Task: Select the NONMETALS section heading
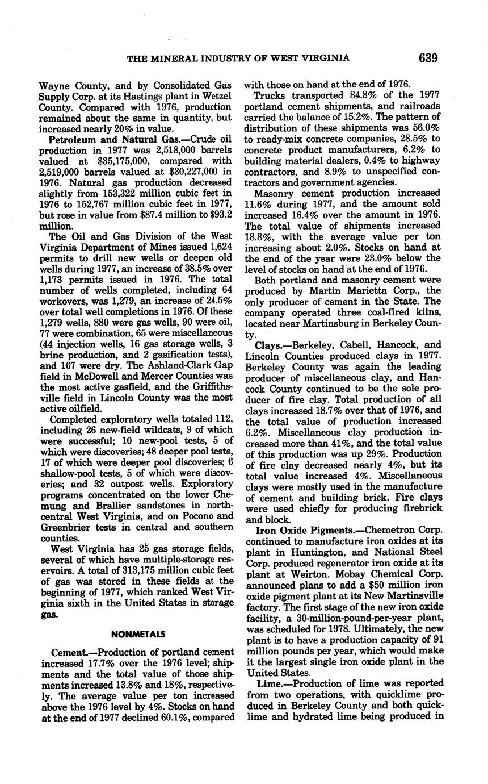click(138, 634)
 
